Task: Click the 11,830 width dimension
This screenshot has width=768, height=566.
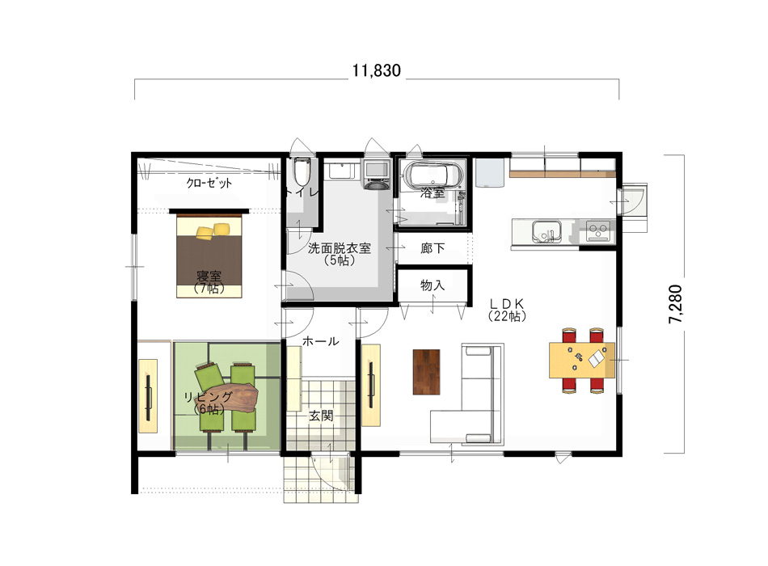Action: tap(376, 70)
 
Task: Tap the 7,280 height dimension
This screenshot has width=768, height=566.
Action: tap(675, 304)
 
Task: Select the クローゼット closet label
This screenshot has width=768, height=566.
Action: tap(209, 183)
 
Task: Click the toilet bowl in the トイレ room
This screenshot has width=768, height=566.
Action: tap(302, 171)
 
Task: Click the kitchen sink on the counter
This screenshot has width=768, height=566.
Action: tap(547, 230)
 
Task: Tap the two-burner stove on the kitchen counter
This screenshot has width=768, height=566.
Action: tap(598, 231)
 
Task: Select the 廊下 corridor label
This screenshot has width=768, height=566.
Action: tap(433, 248)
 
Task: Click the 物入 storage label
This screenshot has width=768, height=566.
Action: tap(433, 285)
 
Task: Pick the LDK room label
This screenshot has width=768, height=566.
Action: tap(507, 310)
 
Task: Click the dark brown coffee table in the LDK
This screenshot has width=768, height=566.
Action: tap(426, 372)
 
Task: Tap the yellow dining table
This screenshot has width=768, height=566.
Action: tap(582, 360)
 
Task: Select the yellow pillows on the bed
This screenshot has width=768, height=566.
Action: tap(213, 231)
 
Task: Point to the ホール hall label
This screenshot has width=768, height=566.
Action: tap(320, 341)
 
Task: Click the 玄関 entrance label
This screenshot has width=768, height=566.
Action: tap(321, 416)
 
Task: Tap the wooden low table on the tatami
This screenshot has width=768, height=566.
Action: tap(230, 397)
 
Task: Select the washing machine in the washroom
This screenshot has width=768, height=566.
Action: tap(376, 175)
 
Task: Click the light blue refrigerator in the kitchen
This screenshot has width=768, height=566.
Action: tap(490, 171)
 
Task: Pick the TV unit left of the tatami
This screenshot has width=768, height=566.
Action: tap(148, 396)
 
